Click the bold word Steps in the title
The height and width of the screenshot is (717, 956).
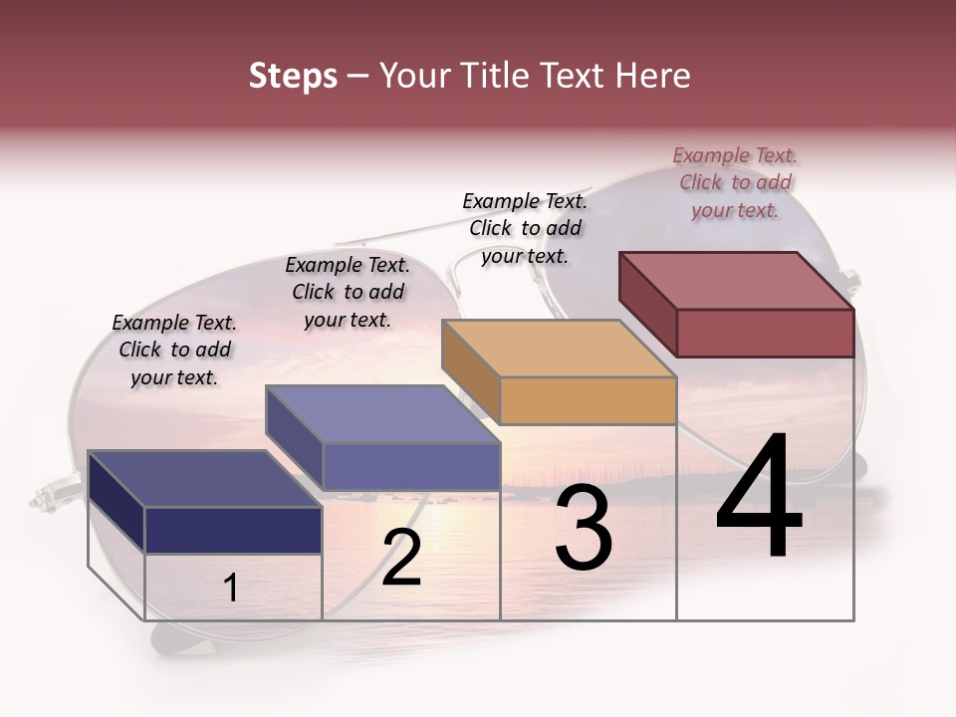point(293,76)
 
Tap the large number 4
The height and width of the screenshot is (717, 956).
point(759,497)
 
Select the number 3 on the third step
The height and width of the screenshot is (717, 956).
point(584,528)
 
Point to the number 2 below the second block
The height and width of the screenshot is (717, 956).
point(401,558)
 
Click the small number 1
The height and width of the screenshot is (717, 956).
point(230,589)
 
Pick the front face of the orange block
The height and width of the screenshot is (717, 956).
point(588,401)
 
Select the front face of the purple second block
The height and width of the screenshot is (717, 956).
point(411,466)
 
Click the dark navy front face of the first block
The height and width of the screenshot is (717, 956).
point(233,530)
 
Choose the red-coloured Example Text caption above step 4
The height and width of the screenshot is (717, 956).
point(735,182)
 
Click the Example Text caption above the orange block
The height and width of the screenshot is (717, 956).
point(525,228)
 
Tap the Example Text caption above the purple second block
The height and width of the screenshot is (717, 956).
point(348,292)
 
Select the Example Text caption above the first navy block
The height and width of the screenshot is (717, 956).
point(174,350)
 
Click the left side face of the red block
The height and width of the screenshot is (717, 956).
point(647,303)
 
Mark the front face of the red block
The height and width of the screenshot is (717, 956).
point(765,333)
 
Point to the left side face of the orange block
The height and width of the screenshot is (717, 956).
point(470,371)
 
